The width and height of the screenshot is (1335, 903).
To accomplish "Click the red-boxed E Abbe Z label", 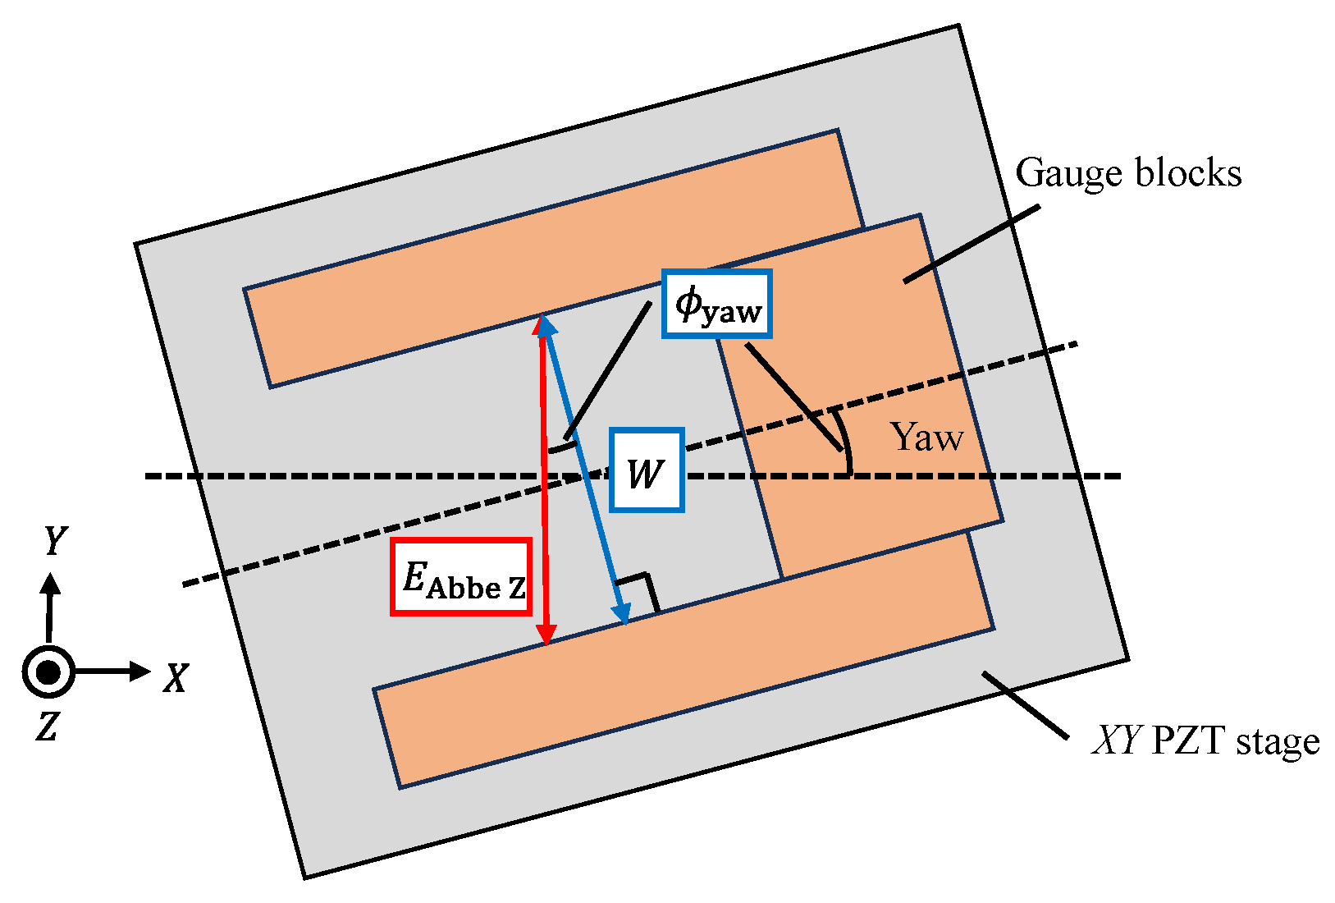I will (461, 576).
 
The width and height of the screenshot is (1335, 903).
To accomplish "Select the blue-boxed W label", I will (647, 470).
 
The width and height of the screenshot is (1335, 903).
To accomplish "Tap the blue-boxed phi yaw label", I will (717, 304).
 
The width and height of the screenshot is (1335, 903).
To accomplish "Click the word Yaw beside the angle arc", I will (927, 437).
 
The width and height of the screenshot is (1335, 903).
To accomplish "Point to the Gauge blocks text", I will (1128, 173).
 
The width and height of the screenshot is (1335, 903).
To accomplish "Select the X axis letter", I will (175, 678).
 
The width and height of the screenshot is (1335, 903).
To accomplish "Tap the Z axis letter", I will (47, 726).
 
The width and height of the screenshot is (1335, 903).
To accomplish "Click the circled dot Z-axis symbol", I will (48, 672).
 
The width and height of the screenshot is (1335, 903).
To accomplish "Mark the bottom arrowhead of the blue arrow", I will (624, 615).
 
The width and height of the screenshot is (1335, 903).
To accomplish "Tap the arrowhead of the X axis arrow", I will (141, 672).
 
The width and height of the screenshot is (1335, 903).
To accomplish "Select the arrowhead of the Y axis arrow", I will (51, 584).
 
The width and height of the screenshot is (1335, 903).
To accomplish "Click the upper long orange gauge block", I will (550, 259).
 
